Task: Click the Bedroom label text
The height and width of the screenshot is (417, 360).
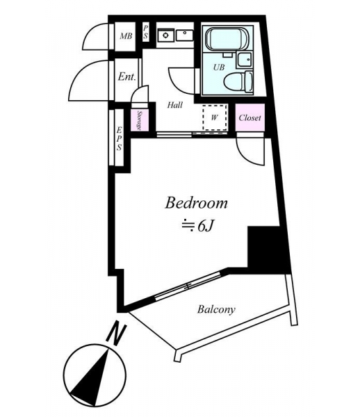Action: (x=196, y=203)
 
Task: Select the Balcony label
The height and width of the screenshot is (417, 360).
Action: (x=216, y=309)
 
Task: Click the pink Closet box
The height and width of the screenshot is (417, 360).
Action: (x=250, y=117)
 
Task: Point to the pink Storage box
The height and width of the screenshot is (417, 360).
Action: (x=139, y=120)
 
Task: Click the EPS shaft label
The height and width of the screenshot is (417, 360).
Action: (x=119, y=138)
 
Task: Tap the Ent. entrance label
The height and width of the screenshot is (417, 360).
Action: (x=127, y=77)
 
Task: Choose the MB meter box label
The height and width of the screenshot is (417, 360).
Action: (x=126, y=36)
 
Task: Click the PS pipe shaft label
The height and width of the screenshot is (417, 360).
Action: (x=146, y=32)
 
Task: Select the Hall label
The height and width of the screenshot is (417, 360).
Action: (x=175, y=105)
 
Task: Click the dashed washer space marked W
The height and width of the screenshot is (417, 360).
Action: (x=215, y=117)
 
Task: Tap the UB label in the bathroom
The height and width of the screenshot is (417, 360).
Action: (x=219, y=67)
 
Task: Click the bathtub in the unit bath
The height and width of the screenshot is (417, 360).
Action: (x=227, y=39)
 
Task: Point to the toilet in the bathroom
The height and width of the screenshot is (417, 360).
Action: (x=238, y=81)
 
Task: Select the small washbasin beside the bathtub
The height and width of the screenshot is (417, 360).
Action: (x=244, y=60)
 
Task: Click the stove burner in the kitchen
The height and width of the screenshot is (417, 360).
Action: (x=166, y=35)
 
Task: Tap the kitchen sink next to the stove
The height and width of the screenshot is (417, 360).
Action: (x=185, y=35)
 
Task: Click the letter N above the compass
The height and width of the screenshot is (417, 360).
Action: (x=116, y=334)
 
